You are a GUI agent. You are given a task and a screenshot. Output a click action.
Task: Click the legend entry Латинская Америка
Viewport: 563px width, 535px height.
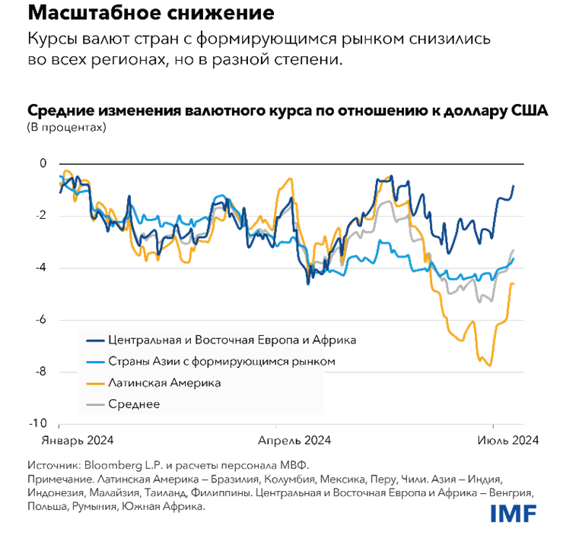click(164, 383)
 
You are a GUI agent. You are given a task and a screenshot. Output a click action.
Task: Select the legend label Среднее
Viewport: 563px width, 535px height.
click(134, 404)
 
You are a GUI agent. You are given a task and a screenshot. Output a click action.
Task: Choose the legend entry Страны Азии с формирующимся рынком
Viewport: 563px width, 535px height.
click(218, 361)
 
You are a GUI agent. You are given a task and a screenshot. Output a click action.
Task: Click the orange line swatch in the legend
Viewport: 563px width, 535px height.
click(94, 383)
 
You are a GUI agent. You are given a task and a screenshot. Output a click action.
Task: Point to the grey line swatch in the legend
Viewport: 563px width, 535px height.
click(94, 404)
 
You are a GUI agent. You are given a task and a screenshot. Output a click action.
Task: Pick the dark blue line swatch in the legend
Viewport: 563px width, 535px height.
click(94, 340)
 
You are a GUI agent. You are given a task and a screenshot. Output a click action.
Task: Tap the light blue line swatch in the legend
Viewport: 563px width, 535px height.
click(94, 362)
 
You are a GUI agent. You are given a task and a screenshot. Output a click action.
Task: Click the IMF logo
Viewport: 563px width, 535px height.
click(513, 513)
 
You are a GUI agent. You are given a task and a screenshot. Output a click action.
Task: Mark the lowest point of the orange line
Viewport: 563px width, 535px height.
click(490, 366)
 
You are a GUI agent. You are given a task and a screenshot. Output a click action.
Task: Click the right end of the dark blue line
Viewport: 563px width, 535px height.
click(514, 185)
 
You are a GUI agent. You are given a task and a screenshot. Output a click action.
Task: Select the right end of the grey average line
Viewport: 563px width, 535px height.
click(514, 249)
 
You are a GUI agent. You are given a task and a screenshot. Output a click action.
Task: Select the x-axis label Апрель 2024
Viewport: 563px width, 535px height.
click(294, 440)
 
